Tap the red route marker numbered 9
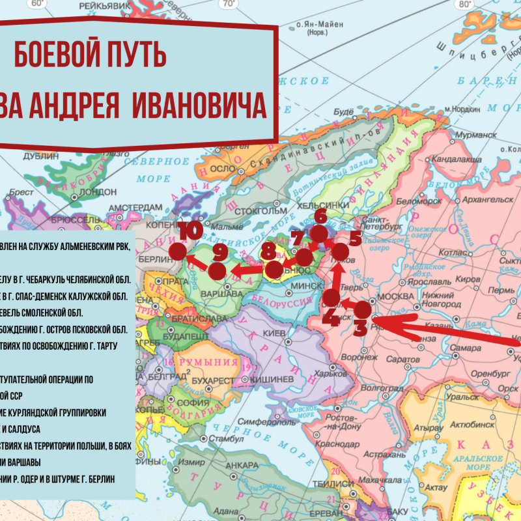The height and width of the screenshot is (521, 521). pos(218,268)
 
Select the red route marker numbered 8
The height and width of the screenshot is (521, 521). pos(274,267)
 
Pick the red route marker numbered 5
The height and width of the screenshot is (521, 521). pos(341,251)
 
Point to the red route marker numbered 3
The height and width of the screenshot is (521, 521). pos(362,311)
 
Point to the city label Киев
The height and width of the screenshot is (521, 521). pos(271,333)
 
